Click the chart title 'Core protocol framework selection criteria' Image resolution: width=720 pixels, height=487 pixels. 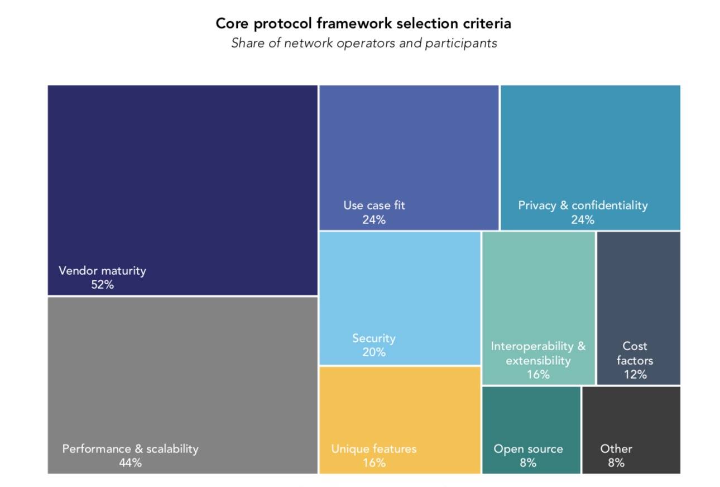tap(363, 24)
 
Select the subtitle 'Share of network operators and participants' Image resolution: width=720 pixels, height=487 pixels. tap(364, 43)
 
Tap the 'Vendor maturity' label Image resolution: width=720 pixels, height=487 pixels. tap(102, 271)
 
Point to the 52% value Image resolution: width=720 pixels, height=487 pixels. tap(102, 285)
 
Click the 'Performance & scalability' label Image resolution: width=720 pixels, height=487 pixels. tap(130, 449)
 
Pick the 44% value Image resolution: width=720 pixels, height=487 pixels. tap(130, 463)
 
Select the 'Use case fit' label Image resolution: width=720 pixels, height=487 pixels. tap(374, 206)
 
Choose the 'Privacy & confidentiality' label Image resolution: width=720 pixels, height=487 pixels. tap(583, 206)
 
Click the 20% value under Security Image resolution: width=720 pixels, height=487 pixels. tap(374, 352)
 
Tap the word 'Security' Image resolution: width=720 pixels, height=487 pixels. tap(374, 338)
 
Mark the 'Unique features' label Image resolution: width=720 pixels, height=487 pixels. tap(374, 449)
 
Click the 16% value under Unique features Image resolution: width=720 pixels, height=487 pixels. tap(374, 463)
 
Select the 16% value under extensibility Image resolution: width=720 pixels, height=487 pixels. tap(538, 375)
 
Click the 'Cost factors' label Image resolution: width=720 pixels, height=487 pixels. tap(635, 354)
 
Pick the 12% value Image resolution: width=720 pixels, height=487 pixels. tap(635, 375)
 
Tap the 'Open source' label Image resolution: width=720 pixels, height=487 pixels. tap(528, 449)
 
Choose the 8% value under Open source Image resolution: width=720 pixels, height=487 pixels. tap(528, 463)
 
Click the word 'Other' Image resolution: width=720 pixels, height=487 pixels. tap(616, 449)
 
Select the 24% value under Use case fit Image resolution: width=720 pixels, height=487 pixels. tap(374, 220)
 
